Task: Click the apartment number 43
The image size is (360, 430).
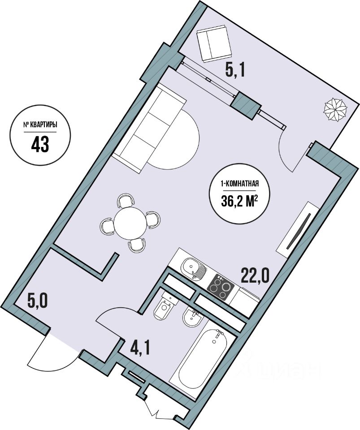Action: coord(40,144)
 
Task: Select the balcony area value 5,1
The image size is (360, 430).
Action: coord(234,70)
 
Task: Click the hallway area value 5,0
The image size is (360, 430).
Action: coord(38,301)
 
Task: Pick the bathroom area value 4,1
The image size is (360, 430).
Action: coord(140,348)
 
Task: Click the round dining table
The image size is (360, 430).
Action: coord(130,223)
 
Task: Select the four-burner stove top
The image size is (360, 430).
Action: coord(221,288)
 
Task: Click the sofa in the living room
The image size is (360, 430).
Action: coord(149,129)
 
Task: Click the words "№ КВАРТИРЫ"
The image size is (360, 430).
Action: coord(40,125)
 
